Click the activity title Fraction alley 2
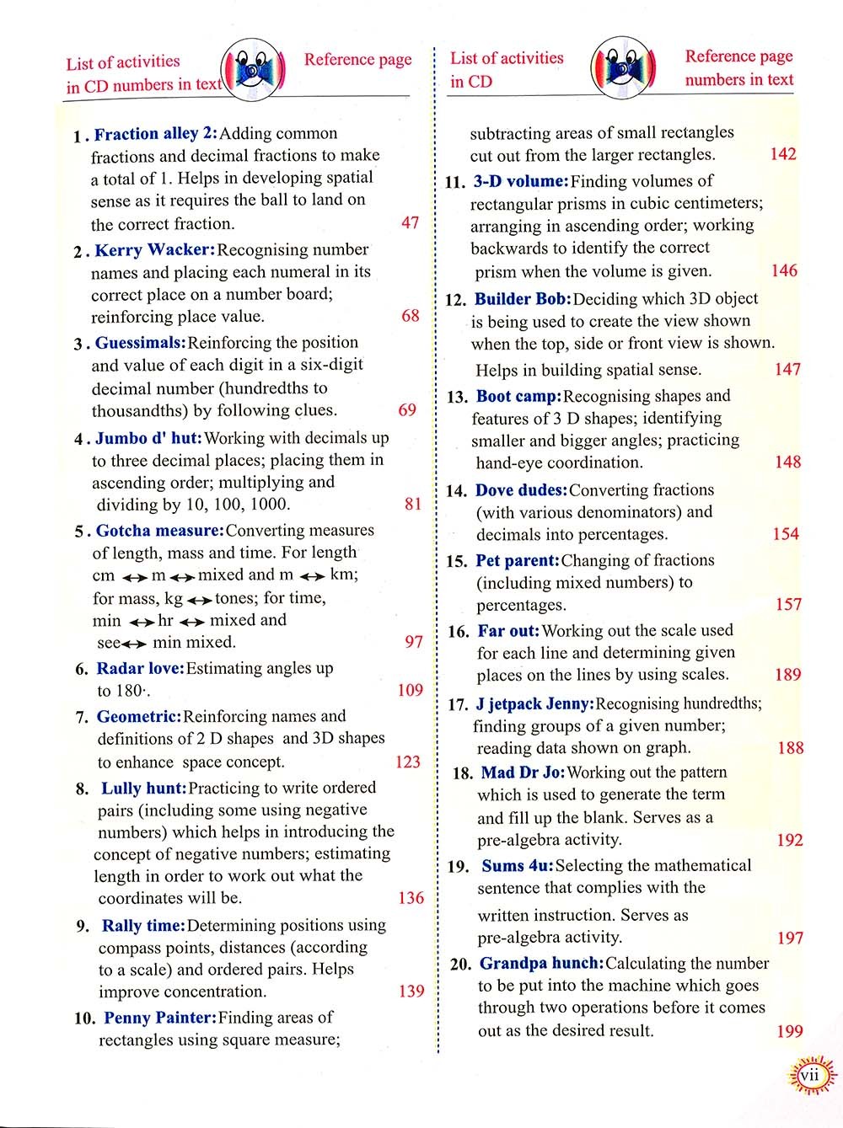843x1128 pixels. pyautogui.click(x=155, y=134)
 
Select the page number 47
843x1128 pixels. pyautogui.click(x=411, y=223)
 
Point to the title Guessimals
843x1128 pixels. pyautogui.click(x=141, y=343)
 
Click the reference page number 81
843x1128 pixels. pyautogui.click(x=412, y=504)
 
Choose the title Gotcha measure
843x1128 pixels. pyautogui.click(x=160, y=531)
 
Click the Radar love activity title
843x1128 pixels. pyautogui.click(x=141, y=669)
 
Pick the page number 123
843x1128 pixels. pyautogui.click(x=408, y=762)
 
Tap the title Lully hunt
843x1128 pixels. pyautogui.click(x=144, y=789)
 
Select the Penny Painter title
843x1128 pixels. pyautogui.click(x=160, y=1018)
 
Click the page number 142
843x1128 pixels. pyautogui.click(x=783, y=154)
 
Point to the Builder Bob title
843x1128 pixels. pyautogui.click(x=524, y=299)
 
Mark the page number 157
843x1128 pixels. pyautogui.click(x=788, y=605)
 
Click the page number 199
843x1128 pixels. pyautogui.click(x=789, y=1031)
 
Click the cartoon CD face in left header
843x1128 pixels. pyautogui.click(x=252, y=71)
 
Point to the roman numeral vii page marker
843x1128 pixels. pyautogui.click(x=810, y=1075)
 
